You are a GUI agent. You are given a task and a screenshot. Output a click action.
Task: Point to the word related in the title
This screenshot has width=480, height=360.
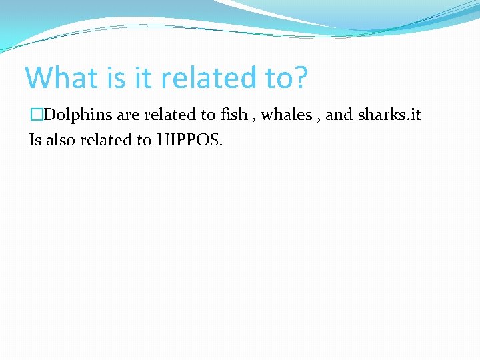click(207, 77)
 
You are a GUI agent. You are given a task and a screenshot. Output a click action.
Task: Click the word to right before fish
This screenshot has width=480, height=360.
click(209, 115)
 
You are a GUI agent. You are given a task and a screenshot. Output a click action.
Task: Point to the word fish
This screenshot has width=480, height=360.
click(233, 115)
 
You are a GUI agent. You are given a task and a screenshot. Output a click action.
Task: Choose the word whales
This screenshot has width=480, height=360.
click(285, 115)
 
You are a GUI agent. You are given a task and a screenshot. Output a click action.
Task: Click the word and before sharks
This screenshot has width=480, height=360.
click(339, 115)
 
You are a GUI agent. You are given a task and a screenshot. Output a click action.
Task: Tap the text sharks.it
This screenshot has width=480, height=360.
click(389, 115)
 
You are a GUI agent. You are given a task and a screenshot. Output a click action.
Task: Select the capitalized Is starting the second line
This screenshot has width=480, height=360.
click(35, 141)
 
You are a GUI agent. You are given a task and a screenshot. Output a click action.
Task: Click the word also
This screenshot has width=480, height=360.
click(61, 141)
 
